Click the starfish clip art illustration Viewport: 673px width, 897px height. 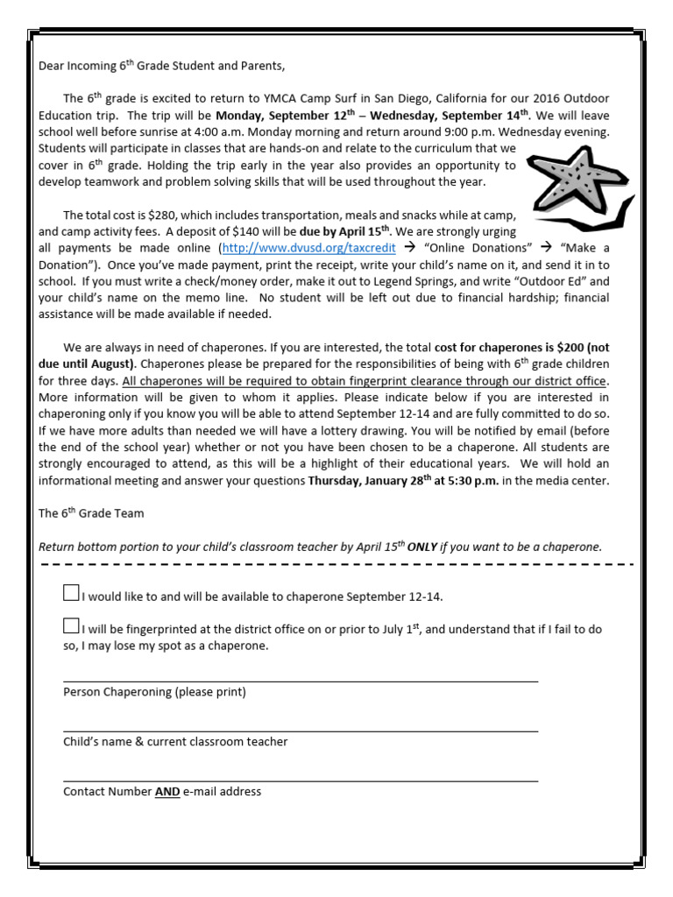[573, 184]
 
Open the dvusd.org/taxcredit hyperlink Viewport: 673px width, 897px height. [315, 248]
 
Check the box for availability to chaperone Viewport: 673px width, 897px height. [71, 593]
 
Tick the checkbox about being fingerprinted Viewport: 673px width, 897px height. [71, 625]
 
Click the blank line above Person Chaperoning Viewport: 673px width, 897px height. [300, 680]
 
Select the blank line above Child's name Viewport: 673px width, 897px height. [300, 730]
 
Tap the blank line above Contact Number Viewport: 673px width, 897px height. [300, 780]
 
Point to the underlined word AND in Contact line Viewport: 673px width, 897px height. [167, 792]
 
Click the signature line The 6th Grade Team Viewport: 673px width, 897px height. [91, 513]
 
